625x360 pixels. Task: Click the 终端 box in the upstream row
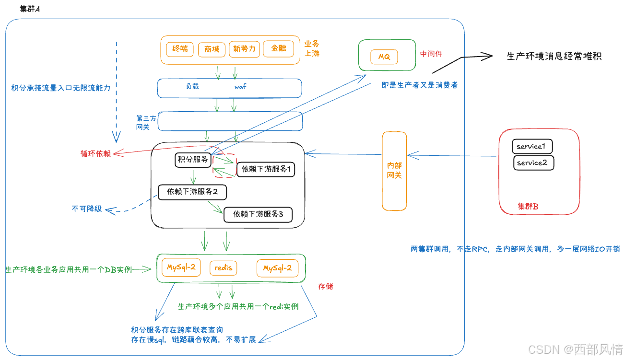(180, 49)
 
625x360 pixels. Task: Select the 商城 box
(212, 49)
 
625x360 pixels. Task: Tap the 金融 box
(278, 49)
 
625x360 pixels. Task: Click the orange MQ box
(384, 57)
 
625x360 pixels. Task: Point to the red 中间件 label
(431, 54)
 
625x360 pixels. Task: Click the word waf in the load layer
(240, 87)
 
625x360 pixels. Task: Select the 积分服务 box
(193, 160)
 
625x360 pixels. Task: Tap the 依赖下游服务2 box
(192, 192)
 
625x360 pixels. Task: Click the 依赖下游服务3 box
(258, 214)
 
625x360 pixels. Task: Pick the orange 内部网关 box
(394, 171)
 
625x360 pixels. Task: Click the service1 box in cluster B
(532, 146)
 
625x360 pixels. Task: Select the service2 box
(532, 163)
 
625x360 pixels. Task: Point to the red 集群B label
(528, 207)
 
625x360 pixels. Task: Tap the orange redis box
(224, 268)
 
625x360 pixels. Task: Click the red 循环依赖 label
(95, 154)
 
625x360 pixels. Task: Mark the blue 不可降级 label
(87, 209)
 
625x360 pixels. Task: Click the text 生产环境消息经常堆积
(554, 57)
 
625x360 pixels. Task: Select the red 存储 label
(325, 287)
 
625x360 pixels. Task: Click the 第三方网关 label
(146, 122)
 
